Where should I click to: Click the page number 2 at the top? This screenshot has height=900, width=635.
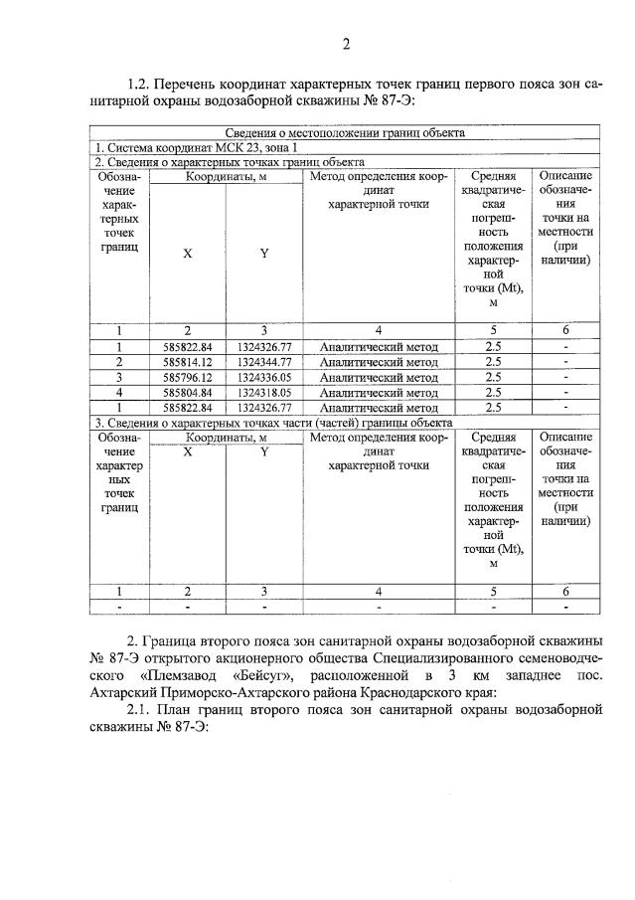pos(346,43)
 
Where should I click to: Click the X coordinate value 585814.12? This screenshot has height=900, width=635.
pos(187,362)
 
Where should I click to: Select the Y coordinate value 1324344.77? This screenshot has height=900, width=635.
pos(263,362)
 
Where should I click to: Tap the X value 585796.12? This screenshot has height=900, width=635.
pos(187,378)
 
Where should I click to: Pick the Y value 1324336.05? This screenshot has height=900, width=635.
pos(263,378)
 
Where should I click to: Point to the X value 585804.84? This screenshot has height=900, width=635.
pos(187,393)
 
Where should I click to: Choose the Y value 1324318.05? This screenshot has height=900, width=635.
pos(263,393)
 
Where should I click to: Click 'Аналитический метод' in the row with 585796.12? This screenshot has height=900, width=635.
pos(379,378)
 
